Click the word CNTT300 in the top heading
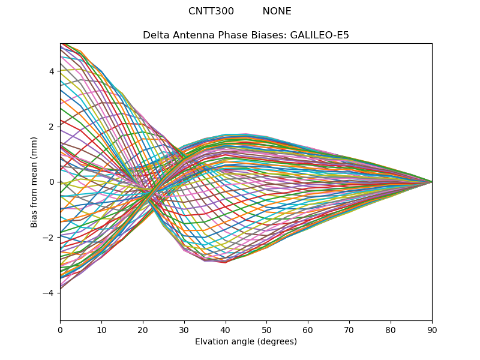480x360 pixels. pyautogui.click(x=211, y=11)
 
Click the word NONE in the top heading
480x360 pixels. pyautogui.click(x=277, y=11)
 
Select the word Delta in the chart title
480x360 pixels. pyautogui.click(x=155, y=35)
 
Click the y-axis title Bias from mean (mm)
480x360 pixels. pyautogui.click(x=34, y=182)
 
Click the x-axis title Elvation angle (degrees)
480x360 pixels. pyautogui.click(x=246, y=342)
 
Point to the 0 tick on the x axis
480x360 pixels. pyautogui.click(x=60, y=329)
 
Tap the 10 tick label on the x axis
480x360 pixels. pyautogui.click(x=101, y=329)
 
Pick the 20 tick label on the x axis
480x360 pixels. pyautogui.click(x=143, y=329)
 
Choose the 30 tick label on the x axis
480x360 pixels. pyautogui.click(x=184, y=329)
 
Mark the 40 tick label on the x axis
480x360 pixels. pyautogui.click(x=226, y=329)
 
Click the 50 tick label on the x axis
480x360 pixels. pyautogui.click(x=266, y=329)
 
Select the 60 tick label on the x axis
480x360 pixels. pyautogui.click(x=308, y=329)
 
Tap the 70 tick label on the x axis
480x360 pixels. pyautogui.click(x=349, y=329)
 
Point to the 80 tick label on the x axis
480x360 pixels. pyautogui.click(x=391, y=329)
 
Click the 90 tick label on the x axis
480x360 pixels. pyautogui.click(x=432, y=329)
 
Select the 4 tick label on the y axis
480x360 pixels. pyautogui.click(x=52, y=71)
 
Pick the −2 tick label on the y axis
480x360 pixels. pyautogui.click(x=49, y=238)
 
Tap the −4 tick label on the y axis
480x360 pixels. pyautogui.click(x=49, y=293)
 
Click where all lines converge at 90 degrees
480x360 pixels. pyautogui.click(x=431, y=182)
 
